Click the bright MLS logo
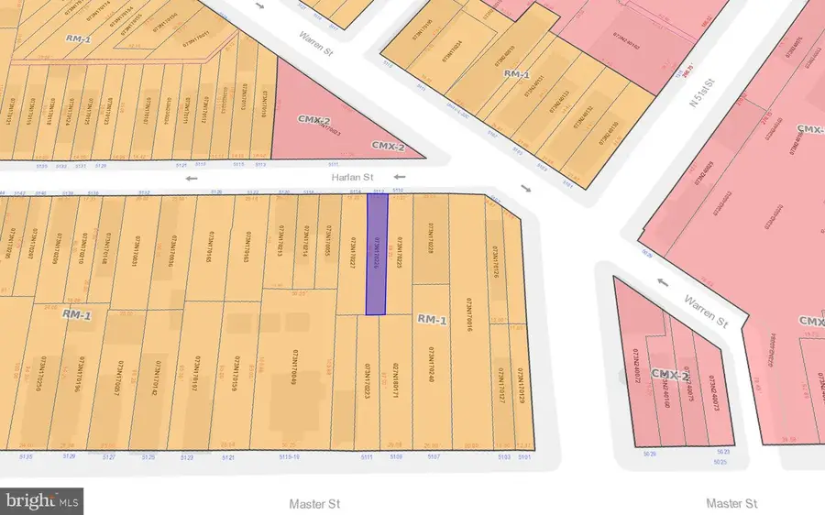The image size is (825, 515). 42,500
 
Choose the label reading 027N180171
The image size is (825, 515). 397,384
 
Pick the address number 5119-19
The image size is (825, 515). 291,455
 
